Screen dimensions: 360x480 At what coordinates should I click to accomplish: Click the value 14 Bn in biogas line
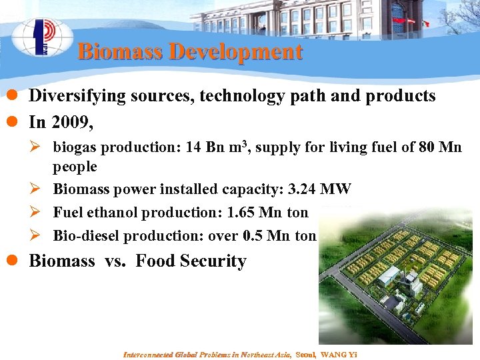click(198, 147)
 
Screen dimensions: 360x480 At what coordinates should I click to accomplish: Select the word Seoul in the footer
click(306, 354)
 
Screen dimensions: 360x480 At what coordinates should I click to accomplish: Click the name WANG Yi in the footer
click(339, 354)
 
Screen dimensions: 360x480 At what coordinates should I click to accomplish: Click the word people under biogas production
click(75, 167)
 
